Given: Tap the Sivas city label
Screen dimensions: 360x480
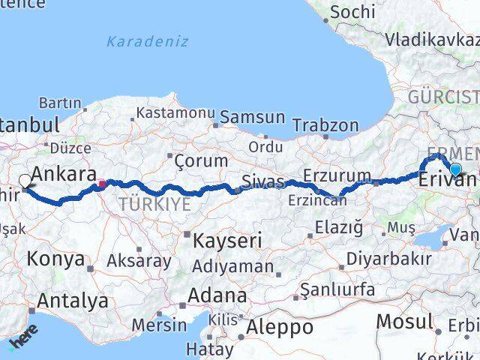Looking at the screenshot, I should click(x=262, y=181).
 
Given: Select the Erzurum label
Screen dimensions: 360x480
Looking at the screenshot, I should click(x=337, y=177).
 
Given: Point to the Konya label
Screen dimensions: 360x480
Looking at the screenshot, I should click(x=55, y=259).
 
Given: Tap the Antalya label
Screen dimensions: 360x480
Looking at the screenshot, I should click(x=73, y=301).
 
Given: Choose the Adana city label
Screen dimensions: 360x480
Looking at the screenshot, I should click(x=218, y=295).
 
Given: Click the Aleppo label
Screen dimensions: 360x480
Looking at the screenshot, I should click(x=280, y=327).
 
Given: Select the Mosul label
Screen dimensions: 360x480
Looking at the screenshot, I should click(x=404, y=321).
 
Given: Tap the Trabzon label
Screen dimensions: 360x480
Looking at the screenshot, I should click(x=325, y=125).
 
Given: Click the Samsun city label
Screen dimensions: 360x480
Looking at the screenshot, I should click(x=252, y=117).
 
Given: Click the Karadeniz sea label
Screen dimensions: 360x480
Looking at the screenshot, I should click(x=147, y=41).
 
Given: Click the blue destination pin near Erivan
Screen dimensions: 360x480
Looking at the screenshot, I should click(x=455, y=169).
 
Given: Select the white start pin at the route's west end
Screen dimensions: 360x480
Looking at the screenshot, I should click(x=25, y=180).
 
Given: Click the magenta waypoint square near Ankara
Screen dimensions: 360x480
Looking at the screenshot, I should click(x=102, y=182).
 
